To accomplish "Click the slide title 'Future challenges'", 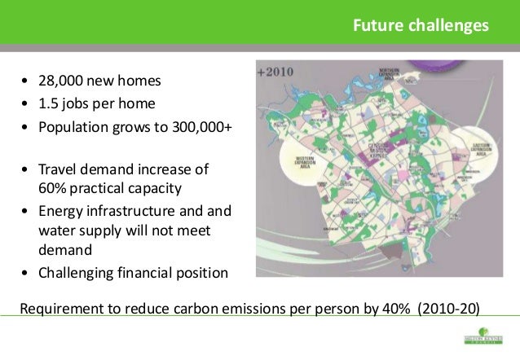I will (420, 25).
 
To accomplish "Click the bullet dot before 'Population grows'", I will (26, 128).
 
